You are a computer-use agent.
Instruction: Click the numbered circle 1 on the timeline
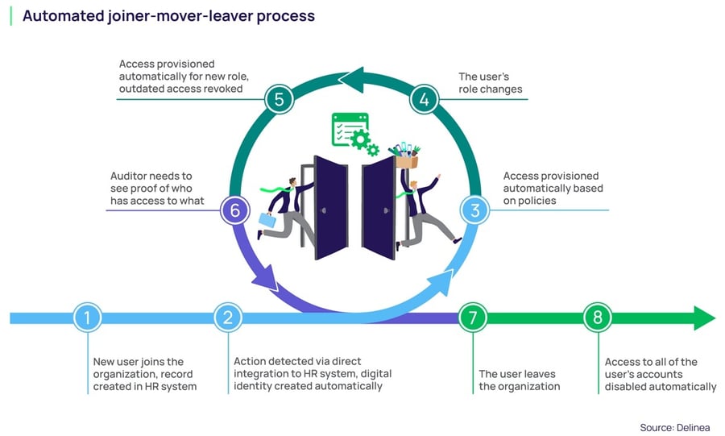pos(87,318)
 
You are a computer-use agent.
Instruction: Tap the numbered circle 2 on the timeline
pos(228,318)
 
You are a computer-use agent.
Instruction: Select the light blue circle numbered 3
pos(475,211)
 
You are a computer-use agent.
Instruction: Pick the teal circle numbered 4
pos(424,100)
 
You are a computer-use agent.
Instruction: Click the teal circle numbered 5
pos(279,100)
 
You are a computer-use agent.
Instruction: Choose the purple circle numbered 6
pos(234,211)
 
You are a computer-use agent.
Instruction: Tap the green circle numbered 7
pos(473,318)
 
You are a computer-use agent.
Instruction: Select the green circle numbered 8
pos(598,318)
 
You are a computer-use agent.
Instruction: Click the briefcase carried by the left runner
pos(268,219)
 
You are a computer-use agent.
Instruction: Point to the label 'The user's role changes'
pos(491,84)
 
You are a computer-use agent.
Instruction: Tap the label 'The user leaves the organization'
pos(517,380)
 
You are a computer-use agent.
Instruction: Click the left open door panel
pos(331,207)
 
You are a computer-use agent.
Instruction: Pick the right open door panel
pos(379,207)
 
